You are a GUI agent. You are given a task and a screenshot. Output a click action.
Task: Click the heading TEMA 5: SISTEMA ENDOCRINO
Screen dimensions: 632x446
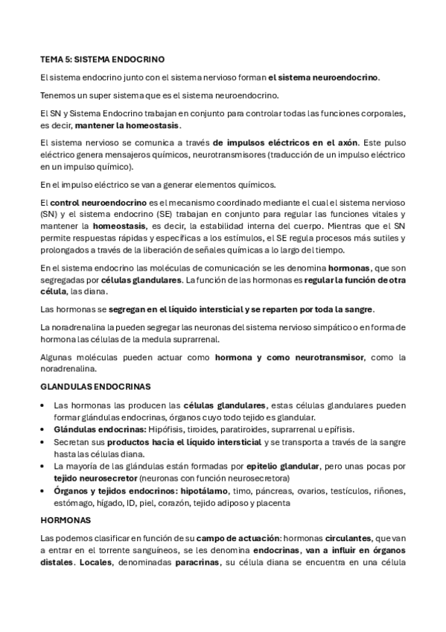[x=103, y=57]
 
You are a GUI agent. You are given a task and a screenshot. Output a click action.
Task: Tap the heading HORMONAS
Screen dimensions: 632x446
[x=65, y=519]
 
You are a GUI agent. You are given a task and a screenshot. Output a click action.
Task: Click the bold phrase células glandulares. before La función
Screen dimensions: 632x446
[x=140, y=279]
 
